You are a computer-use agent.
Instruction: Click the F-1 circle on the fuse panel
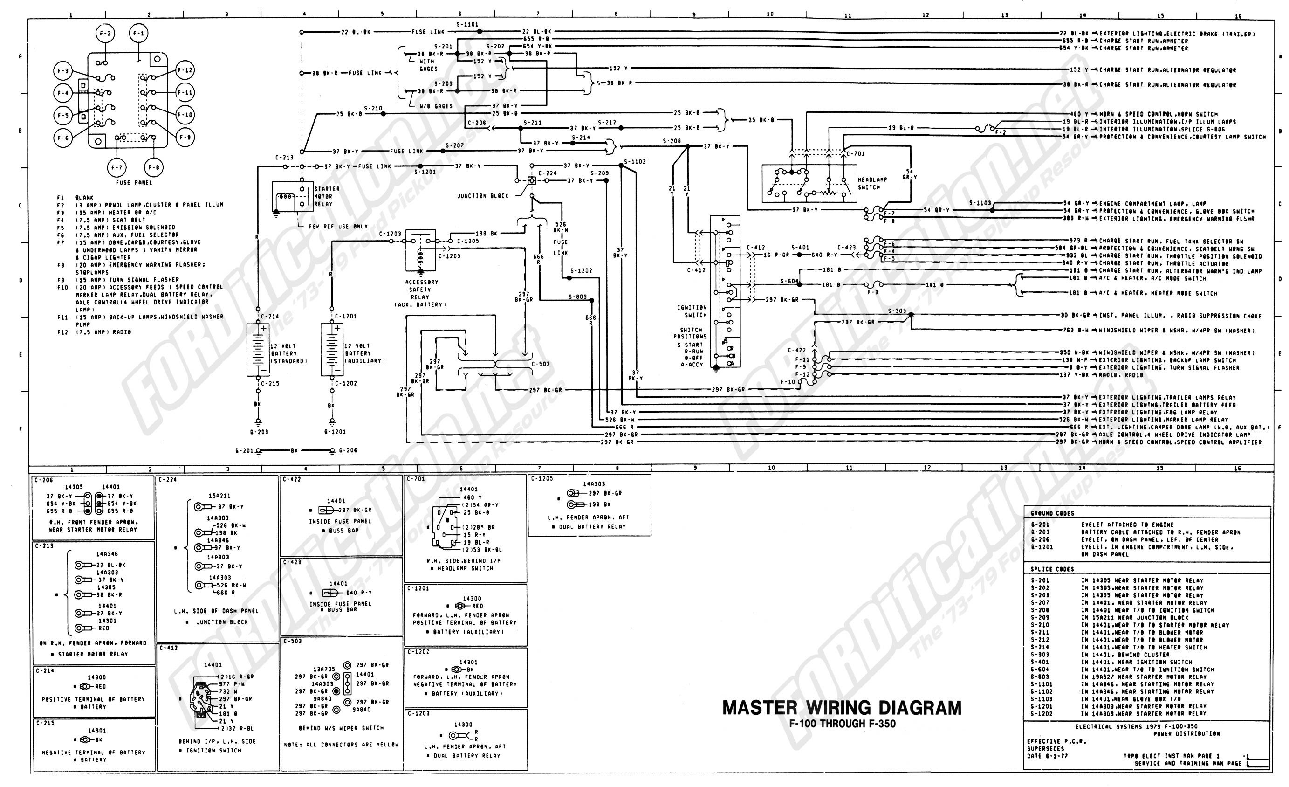[138, 34]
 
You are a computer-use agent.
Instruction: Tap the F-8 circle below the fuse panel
[153, 167]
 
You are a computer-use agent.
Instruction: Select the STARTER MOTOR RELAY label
[326, 196]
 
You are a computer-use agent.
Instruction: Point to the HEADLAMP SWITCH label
[872, 183]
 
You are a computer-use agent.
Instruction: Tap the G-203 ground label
[259, 432]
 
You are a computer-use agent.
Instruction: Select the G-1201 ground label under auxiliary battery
[334, 432]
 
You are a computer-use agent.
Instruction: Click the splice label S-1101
[466, 25]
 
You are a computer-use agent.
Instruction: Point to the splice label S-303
[897, 311]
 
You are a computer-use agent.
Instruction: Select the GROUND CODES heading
[1052, 513]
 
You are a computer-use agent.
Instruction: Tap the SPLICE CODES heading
[1052, 569]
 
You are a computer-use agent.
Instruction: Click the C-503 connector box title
[293, 641]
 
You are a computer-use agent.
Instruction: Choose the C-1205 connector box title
[542, 478]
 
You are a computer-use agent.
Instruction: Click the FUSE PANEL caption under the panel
[134, 183]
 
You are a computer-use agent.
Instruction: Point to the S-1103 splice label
[980, 203]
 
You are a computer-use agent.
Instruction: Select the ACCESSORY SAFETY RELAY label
[422, 293]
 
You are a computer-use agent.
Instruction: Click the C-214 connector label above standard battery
[270, 317]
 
